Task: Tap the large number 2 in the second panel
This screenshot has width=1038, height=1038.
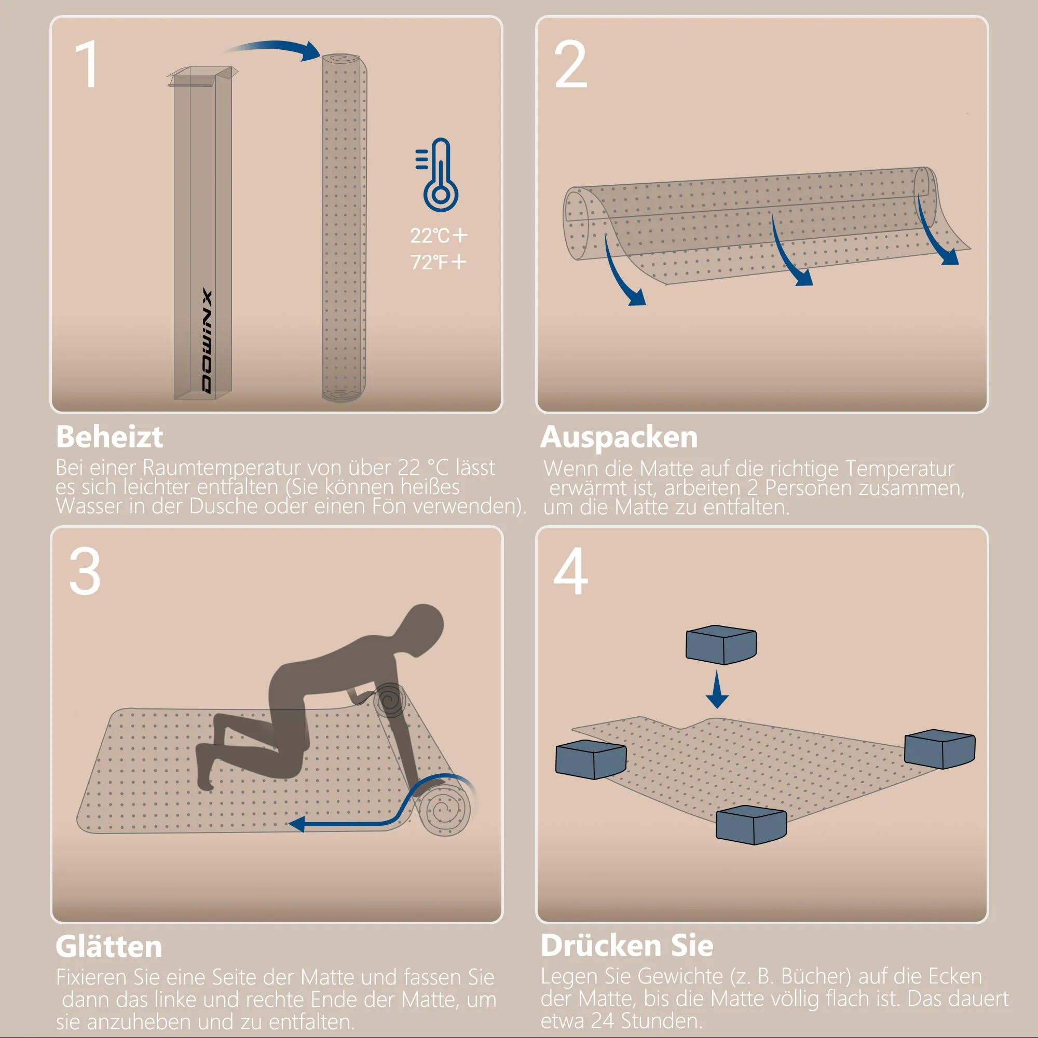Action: (x=570, y=64)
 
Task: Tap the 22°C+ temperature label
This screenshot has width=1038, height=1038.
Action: (x=439, y=235)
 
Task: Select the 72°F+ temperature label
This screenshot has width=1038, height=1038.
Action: (x=439, y=262)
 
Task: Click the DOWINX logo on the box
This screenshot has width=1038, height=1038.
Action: (x=207, y=342)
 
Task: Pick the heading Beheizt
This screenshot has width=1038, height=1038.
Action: (x=110, y=437)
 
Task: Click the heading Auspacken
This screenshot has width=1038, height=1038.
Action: (x=619, y=438)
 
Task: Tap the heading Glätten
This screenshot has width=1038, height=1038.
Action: (x=109, y=947)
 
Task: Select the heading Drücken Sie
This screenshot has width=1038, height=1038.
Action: (x=627, y=946)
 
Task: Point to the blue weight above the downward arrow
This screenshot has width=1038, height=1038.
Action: (x=721, y=644)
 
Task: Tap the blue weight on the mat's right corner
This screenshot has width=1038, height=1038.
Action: (x=939, y=748)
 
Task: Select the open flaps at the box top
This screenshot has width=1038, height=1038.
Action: (x=202, y=75)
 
